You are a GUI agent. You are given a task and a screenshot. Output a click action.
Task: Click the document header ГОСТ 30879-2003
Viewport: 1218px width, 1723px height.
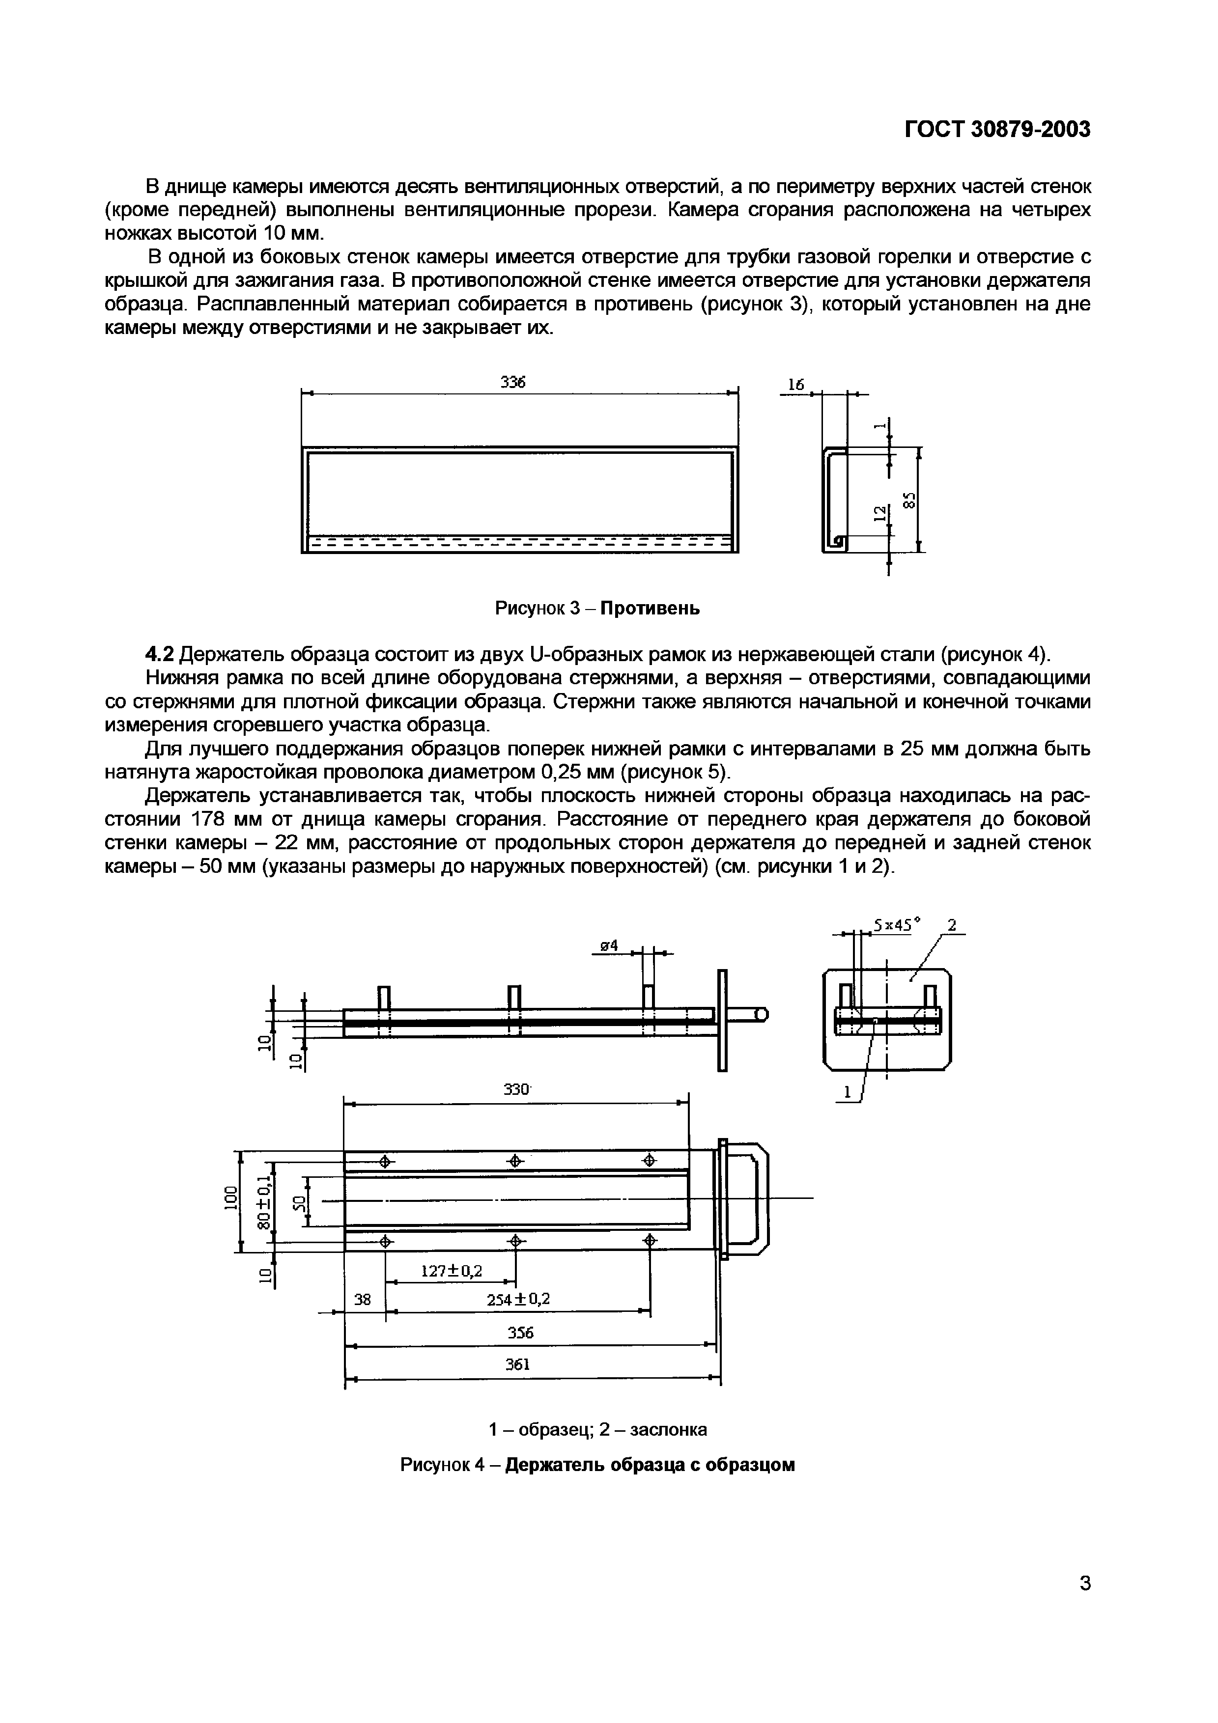coord(996,130)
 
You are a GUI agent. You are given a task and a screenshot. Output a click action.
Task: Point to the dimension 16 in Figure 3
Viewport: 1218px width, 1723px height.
coord(795,385)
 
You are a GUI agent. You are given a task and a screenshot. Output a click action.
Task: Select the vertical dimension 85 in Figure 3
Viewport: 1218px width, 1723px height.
coord(909,500)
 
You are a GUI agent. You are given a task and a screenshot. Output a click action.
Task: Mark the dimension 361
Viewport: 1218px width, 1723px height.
coord(518,1364)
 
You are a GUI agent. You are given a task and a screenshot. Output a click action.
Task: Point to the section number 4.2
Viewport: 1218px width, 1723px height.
coord(159,654)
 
